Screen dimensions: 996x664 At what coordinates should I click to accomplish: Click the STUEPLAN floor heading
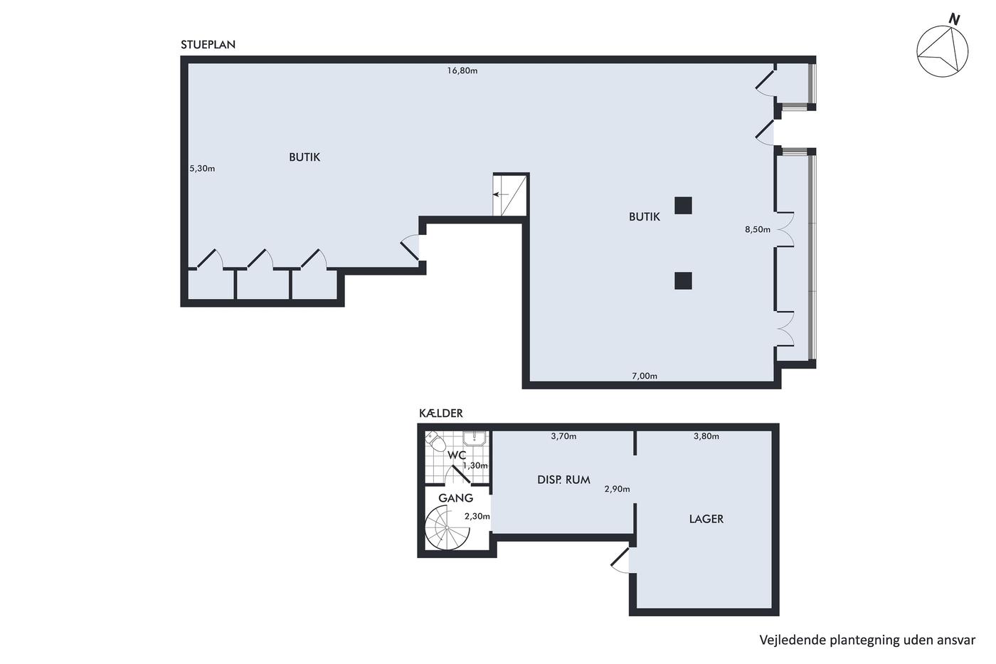(208, 44)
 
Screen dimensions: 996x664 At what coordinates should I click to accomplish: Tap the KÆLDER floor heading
(440, 413)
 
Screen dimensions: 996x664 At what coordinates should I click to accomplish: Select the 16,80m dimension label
(462, 70)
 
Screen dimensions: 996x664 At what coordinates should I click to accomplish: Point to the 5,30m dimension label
(202, 169)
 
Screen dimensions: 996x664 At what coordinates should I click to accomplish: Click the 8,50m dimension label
(758, 229)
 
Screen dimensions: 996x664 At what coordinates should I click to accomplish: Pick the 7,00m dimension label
(645, 376)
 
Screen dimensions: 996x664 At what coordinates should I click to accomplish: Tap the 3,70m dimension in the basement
(563, 436)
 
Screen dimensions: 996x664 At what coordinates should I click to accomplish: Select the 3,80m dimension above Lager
(706, 436)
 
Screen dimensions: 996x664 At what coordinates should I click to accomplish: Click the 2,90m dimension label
(618, 489)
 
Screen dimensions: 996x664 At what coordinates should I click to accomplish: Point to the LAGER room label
(706, 519)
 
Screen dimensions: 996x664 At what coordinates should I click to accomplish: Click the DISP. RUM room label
(563, 480)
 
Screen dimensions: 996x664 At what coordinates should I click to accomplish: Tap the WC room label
(457, 455)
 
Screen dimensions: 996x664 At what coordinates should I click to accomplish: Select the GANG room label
(456, 498)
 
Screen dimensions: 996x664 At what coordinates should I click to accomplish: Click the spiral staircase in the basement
(447, 528)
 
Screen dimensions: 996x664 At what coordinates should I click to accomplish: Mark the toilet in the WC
(435, 441)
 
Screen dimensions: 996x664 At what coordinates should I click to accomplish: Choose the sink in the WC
(475, 438)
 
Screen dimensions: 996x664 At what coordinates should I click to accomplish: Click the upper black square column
(683, 206)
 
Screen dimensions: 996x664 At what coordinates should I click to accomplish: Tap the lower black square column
(683, 280)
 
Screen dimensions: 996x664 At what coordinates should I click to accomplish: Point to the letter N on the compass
(954, 19)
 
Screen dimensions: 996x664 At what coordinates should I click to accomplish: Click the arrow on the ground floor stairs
(501, 194)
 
